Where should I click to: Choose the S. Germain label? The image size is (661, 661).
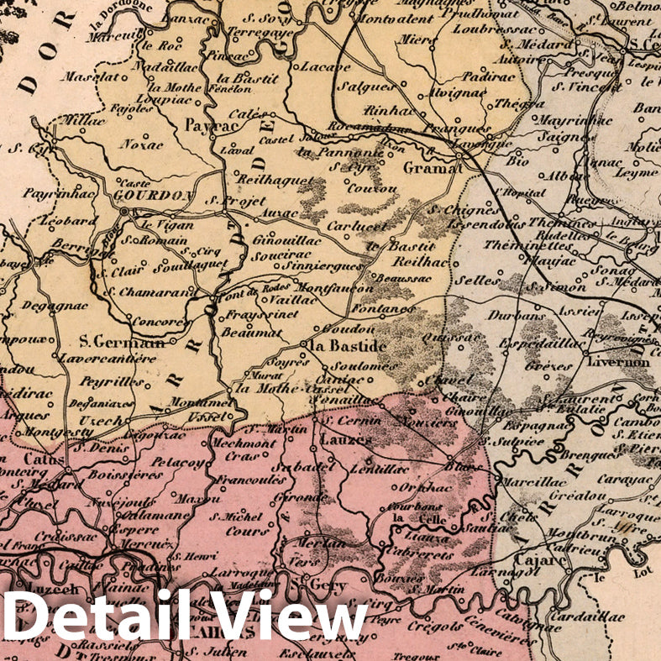pos(121,343)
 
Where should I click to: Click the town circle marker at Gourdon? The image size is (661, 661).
pos(124,212)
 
